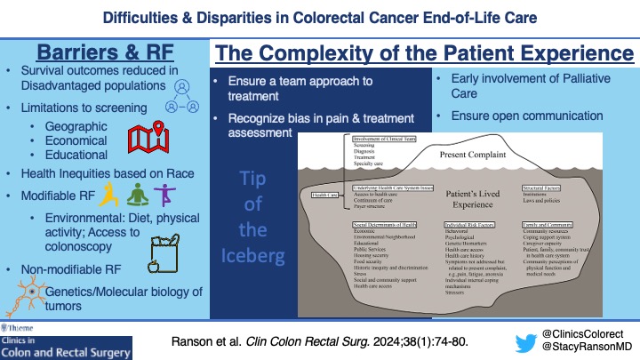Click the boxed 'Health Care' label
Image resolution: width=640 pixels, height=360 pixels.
tap(322, 194)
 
